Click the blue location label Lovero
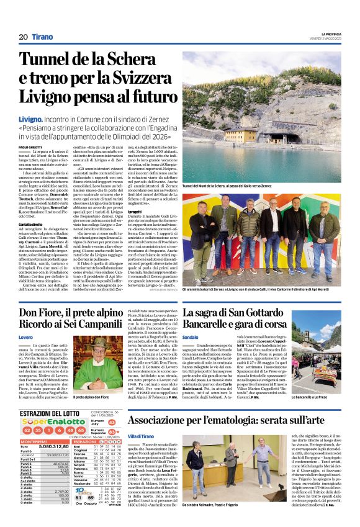[25, 338]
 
